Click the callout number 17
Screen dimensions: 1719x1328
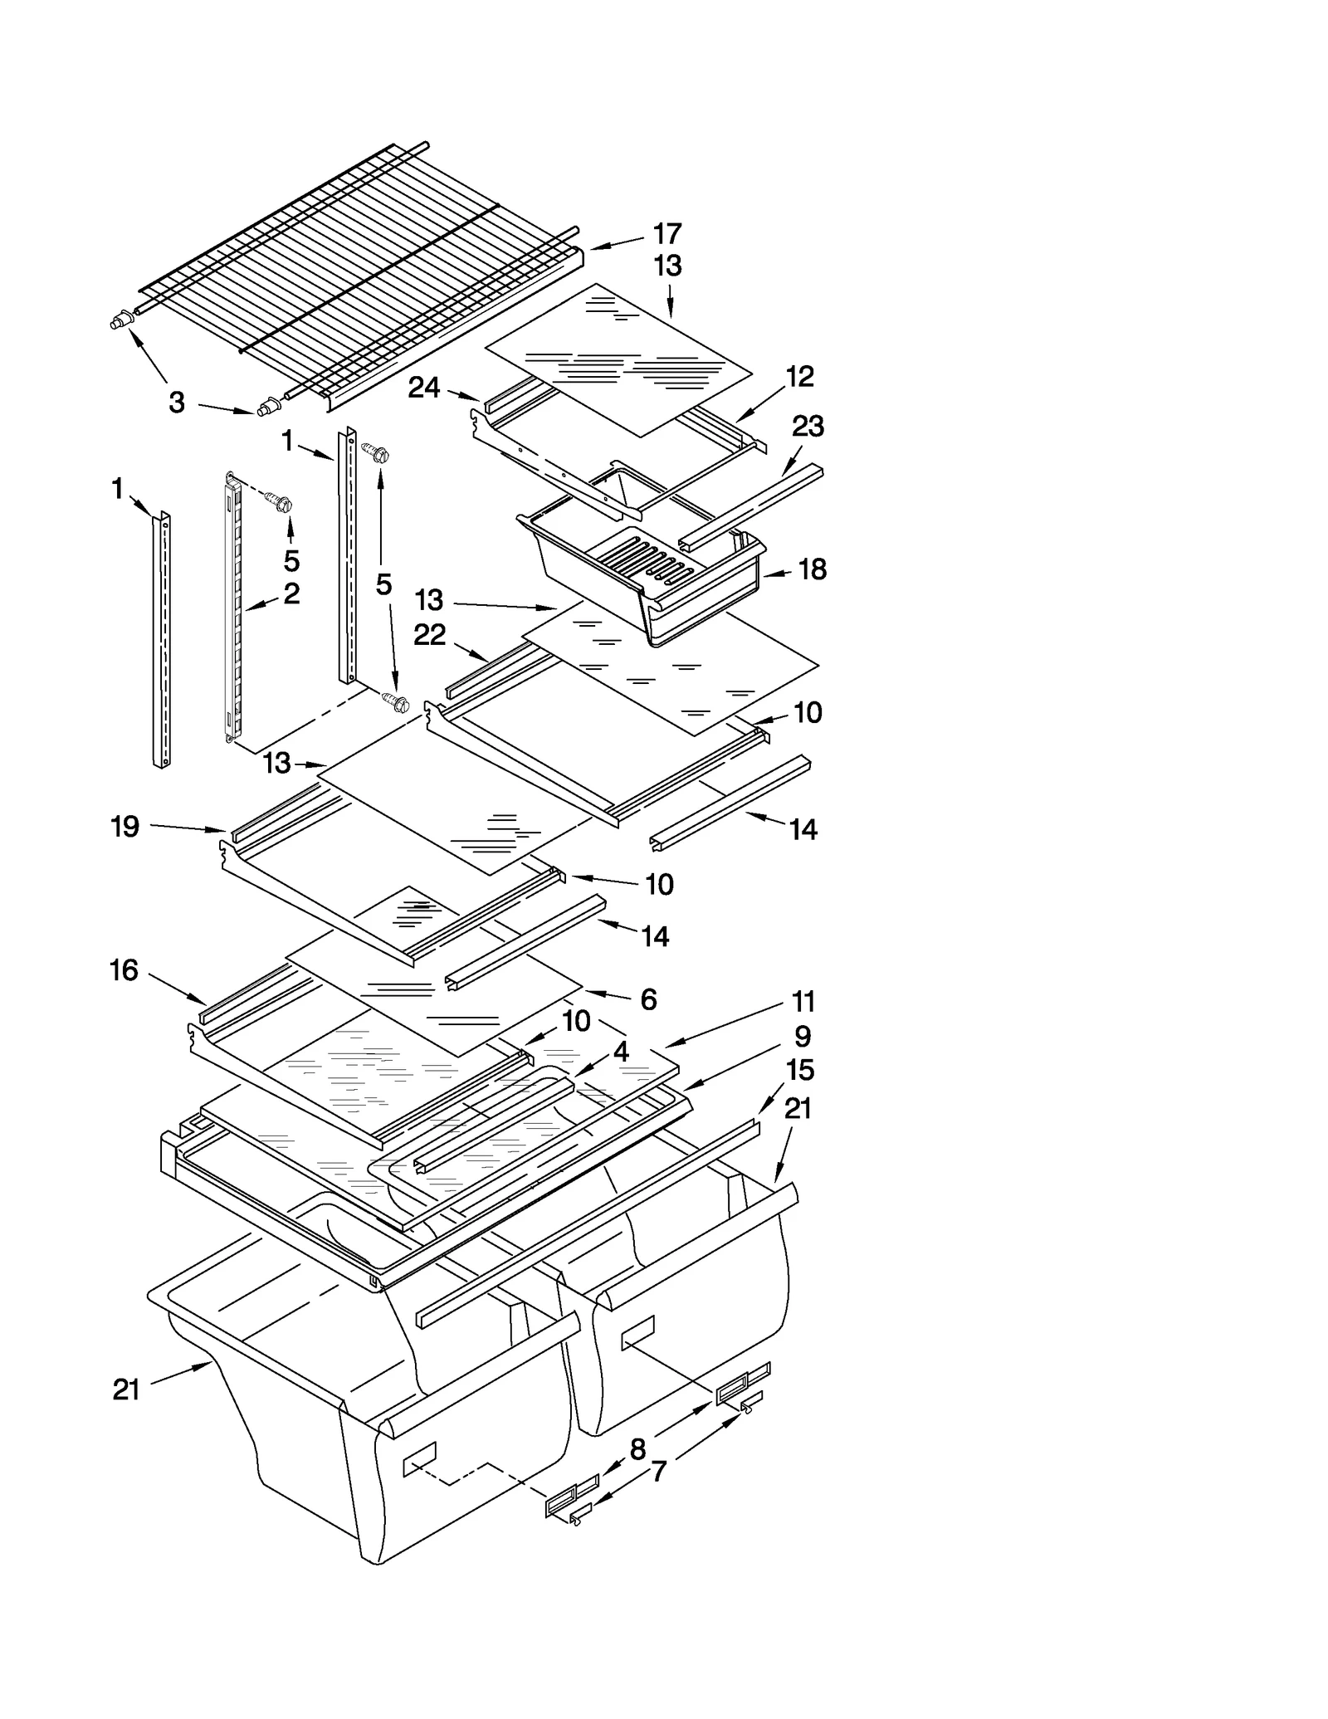pyautogui.click(x=666, y=234)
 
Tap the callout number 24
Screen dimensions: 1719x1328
pyautogui.click(x=423, y=387)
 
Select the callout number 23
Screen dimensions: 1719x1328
pyautogui.click(x=807, y=426)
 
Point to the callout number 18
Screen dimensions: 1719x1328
pyautogui.click(x=812, y=569)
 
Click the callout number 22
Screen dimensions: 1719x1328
pyautogui.click(x=430, y=635)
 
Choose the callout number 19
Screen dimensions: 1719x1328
pyautogui.click(x=125, y=827)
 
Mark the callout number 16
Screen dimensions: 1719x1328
pyautogui.click(x=124, y=970)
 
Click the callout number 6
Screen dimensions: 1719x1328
pyautogui.click(x=648, y=999)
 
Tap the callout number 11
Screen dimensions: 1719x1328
pyautogui.click(x=803, y=1002)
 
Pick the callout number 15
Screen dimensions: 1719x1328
pyautogui.click(x=800, y=1070)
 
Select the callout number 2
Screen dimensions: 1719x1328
pyautogui.click(x=291, y=593)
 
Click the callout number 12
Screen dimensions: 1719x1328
pyautogui.click(x=799, y=377)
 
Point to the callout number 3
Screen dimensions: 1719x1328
pyautogui.click(x=177, y=403)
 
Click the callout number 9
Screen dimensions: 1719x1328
pyautogui.click(x=802, y=1036)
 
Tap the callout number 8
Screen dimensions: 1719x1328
pyautogui.click(x=637, y=1449)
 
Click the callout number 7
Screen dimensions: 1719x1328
pyautogui.click(x=658, y=1472)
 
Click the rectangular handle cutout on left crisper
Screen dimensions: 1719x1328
pyautogui.click(x=419, y=1458)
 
